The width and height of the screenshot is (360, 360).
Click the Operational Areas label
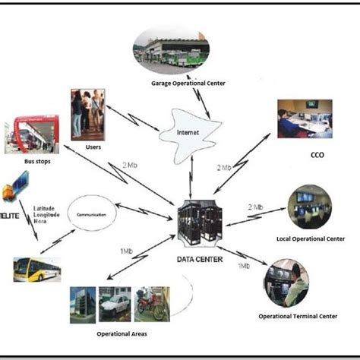coord(121,332)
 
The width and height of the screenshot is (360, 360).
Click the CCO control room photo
coord(305,118)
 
